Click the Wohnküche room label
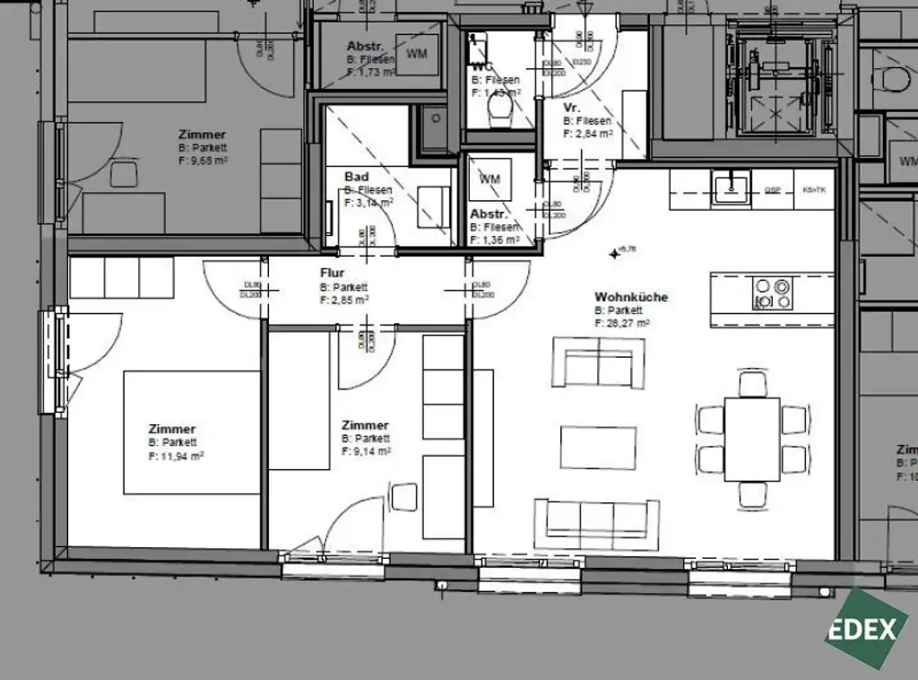coord(631,297)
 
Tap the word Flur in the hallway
coord(332,273)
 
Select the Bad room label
coord(356,178)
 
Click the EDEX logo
coord(862,629)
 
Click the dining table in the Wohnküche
coord(751,439)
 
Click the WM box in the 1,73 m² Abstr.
coord(417,54)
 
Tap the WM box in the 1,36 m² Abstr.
coord(489,179)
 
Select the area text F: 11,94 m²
coord(176,456)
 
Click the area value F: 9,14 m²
coord(366,452)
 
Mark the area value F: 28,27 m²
coord(621,323)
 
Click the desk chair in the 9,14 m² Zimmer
coord(404,497)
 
